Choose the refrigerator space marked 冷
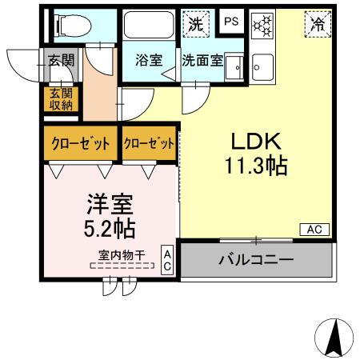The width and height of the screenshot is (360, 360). click(x=318, y=24)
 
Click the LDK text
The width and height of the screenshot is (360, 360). click(x=256, y=142)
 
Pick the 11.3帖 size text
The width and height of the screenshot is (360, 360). click(x=256, y=166)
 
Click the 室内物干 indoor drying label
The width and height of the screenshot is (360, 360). click(x=122, y=255)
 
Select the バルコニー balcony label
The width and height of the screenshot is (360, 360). click(x=255, y=259)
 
